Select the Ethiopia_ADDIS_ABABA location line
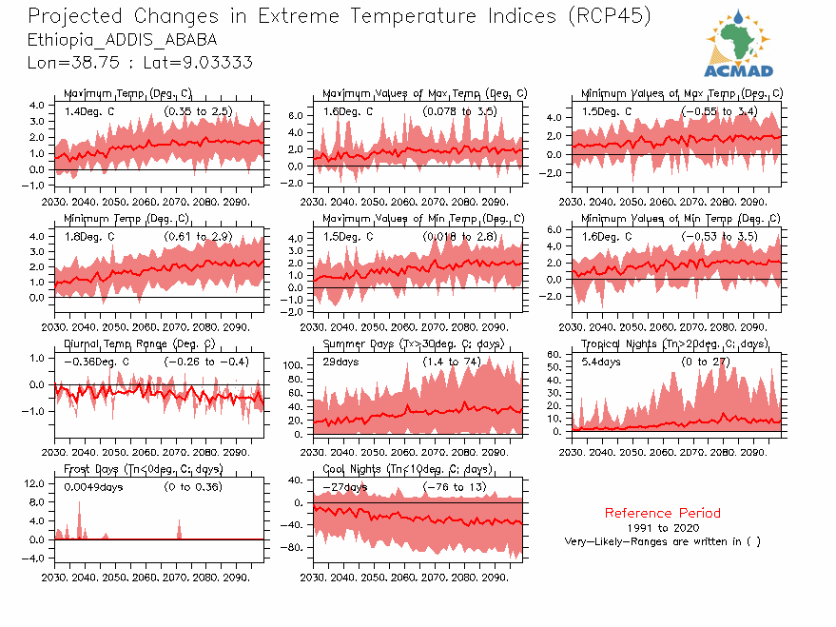[x=122, y=40]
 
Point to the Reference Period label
[x=662, y=513]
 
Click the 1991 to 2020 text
[x=662, y=527]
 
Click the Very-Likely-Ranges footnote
[x=662, y=541]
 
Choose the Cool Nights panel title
[x=407, y=469]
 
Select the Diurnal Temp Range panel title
[x=140, y=343]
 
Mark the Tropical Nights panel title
[x=674, y=343]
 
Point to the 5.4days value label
[x=601, y=362]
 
